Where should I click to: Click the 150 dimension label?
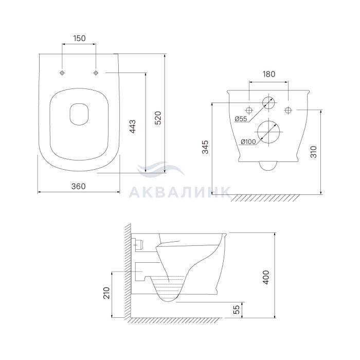click(x=79, y=39)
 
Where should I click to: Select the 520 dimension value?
click(x=158, y=118)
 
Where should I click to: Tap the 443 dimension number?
click(x=133, y=127)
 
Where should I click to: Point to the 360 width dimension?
click(x=79, y=186)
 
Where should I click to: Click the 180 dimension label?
click(x=269, y=74)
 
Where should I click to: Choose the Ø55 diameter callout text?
click(x=241, y=119)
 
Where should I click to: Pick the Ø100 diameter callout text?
click(x=248, y=142)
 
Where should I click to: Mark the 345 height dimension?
click(x=206, y=147)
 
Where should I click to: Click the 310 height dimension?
click(x=313, y=152)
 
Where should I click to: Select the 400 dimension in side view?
click(x=266, y=277)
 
